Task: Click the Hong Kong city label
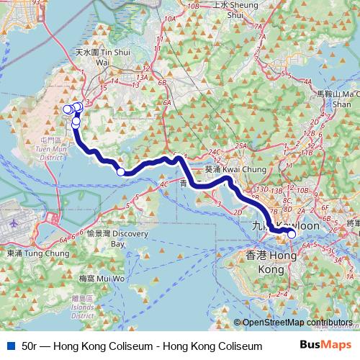271,261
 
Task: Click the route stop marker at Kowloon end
292,234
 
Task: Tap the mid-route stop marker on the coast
121,171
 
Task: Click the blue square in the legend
9,346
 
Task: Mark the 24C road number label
213,152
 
